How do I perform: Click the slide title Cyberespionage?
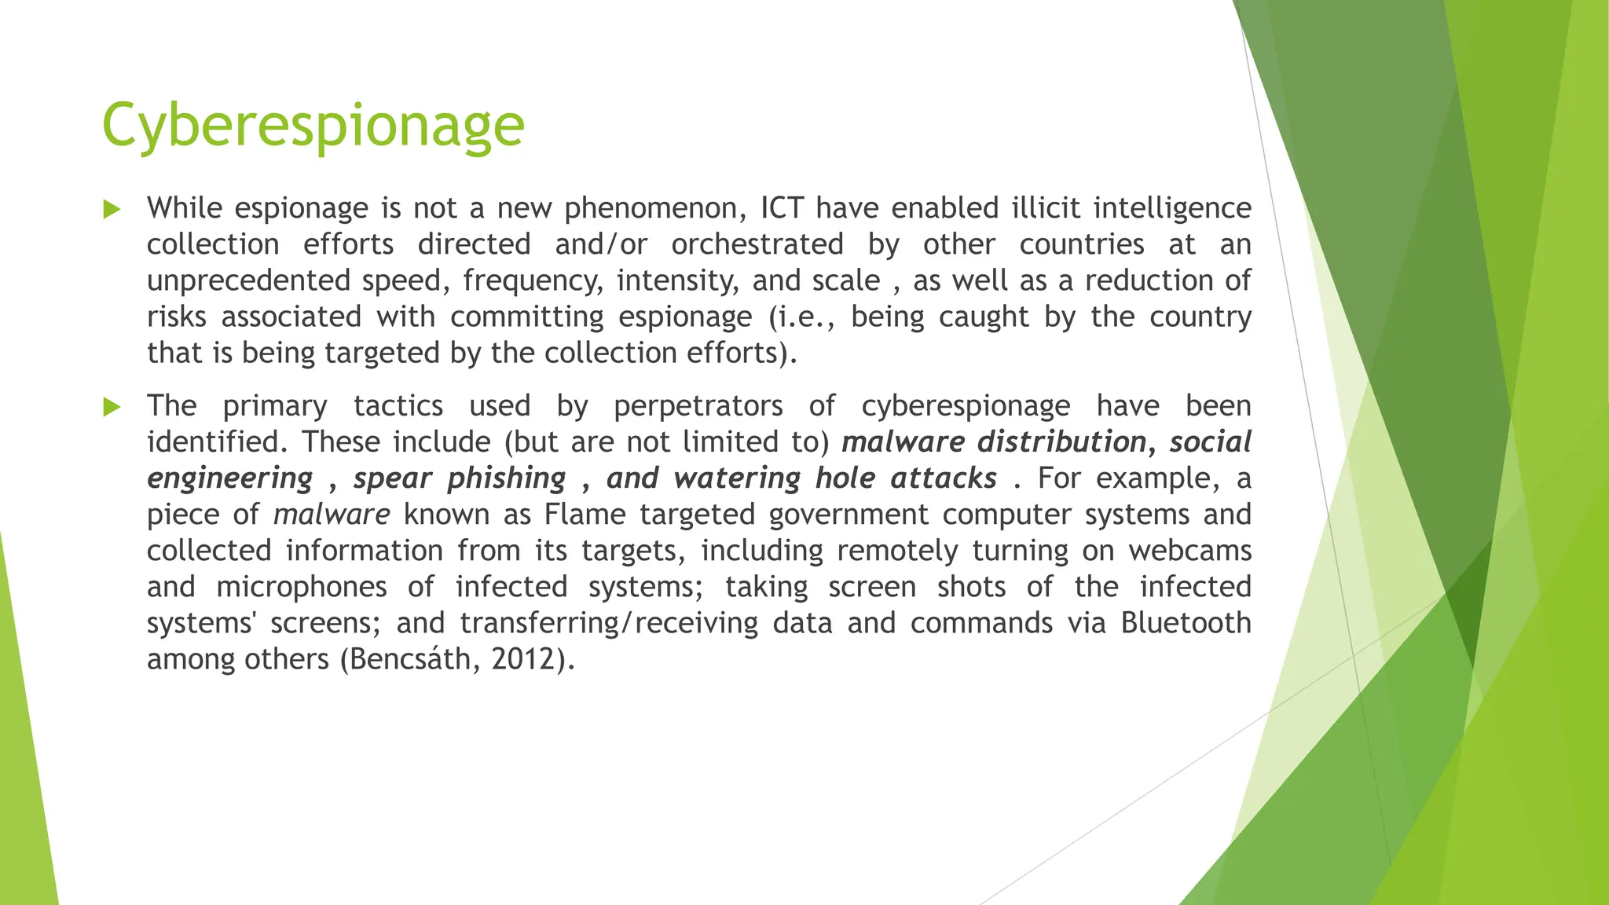click(x=313, y=126)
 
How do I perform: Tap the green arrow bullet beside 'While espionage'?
click(x=112, y=210)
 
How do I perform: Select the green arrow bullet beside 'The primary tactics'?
click(x=112, y=407)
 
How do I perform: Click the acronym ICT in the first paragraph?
click(x=783, y=208)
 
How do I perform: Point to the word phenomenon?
click(x=655, y=209)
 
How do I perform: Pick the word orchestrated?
click(x=757, y=244)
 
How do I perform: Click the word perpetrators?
click(x=698, y=406)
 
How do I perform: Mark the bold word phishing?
click(x=507, y=478)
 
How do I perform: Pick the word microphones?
click(x=302, y=587)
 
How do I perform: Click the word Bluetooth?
click(x=1186, y=623)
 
